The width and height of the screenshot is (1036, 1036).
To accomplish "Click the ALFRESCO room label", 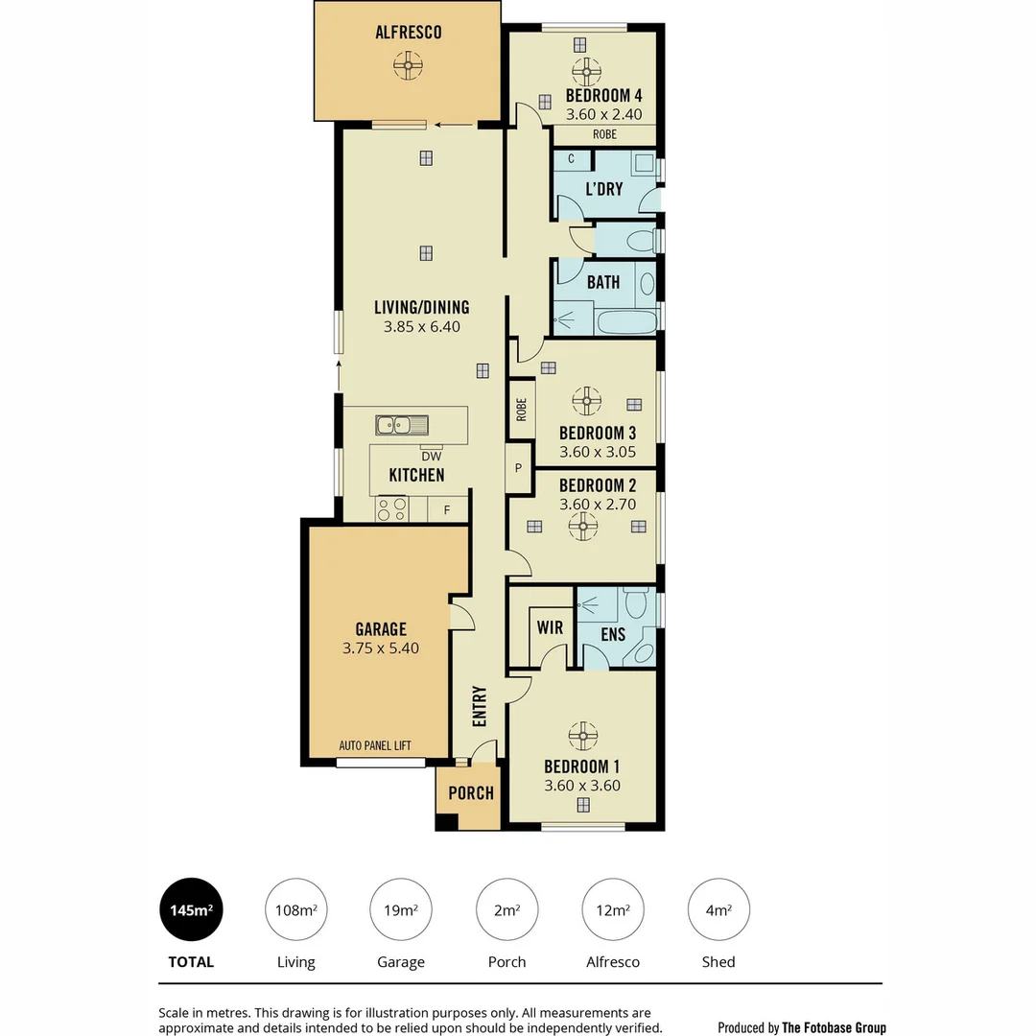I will pos(408,33).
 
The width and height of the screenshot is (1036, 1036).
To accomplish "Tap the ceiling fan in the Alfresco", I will pos(408,66).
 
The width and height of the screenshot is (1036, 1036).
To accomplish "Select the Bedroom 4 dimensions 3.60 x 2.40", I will pos(602,114).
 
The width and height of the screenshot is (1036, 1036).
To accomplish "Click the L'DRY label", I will pos(603,189).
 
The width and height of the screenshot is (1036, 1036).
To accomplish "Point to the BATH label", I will pos(602,282).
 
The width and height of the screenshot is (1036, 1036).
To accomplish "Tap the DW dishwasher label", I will pos(431,457).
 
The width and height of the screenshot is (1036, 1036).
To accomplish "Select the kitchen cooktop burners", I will pos(391,508).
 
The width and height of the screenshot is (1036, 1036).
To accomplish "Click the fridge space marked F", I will pos(446,510).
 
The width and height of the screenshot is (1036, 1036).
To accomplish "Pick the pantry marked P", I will pos(518,468).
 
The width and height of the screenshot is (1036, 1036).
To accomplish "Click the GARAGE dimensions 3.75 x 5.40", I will pos(381,648).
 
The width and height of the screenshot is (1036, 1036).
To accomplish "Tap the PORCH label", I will pos(471,793).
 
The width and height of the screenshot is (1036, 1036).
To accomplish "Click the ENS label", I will pos(612,634).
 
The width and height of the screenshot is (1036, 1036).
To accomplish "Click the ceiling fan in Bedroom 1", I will pos(582,735).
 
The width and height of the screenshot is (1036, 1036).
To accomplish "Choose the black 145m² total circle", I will pos(191,910).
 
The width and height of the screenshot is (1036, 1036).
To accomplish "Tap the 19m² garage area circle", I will pos(401,910).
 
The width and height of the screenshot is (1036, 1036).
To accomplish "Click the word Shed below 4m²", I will pos(718,961).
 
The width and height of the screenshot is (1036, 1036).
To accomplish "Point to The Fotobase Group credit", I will pos(833,1027).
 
